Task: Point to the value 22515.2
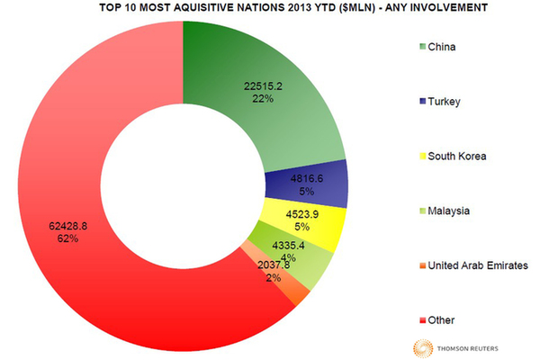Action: [264, 86]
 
